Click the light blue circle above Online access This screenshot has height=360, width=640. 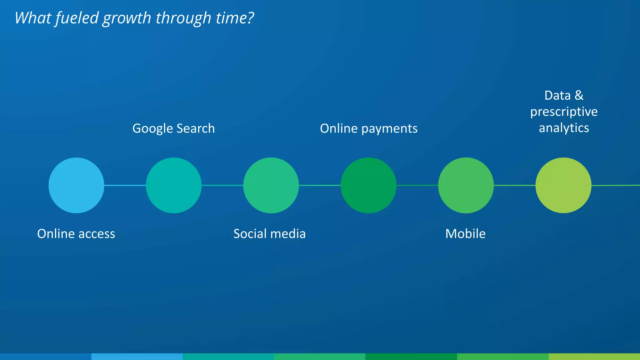coord(76,185)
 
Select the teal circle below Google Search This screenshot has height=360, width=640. coord(174,185)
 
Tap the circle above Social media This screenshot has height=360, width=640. coord(271,185)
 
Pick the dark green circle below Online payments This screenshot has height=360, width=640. coord(368,185)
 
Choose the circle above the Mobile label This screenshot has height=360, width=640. coord(466,185)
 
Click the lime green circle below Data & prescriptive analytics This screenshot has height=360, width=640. coord(563,185)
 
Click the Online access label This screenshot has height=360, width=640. coord(76,234)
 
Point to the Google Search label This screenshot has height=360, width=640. coord(173,128)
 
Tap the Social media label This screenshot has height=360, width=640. coord(269,234)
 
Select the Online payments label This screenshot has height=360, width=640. coord(369,128)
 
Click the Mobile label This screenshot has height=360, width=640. coord(465,234)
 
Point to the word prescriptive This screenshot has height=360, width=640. coord(564,112)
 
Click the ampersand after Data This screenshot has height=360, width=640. coord(579,95)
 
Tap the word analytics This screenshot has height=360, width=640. coord(564,128)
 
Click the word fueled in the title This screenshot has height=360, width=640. coord(77,18)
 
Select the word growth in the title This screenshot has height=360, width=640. coord(127,18)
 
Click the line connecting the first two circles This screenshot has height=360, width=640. coord(125,185)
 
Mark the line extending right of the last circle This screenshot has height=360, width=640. coord(616,185)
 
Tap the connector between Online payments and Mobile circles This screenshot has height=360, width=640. coord(417,185)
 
